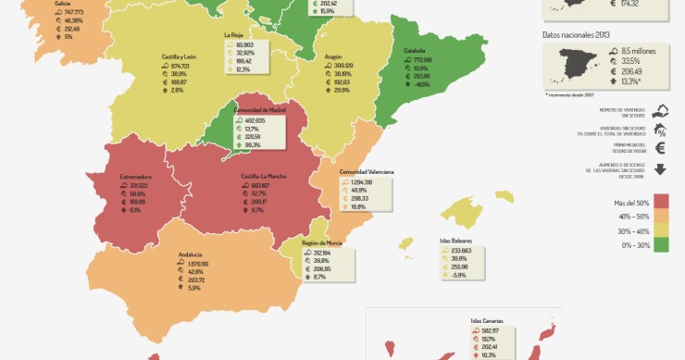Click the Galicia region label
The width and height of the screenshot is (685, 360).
tap(63, 4)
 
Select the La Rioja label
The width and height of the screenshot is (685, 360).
tap(233, 35)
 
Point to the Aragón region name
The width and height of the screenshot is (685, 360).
tap(333, 56)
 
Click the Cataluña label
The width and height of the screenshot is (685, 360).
tap(414, 50)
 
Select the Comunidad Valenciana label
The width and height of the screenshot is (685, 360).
tap(367, 172)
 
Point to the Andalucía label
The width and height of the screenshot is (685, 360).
tap(191, 254)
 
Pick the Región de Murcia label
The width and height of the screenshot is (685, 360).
tap(323, 242)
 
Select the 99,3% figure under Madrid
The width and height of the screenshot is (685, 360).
tap(254, 145)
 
